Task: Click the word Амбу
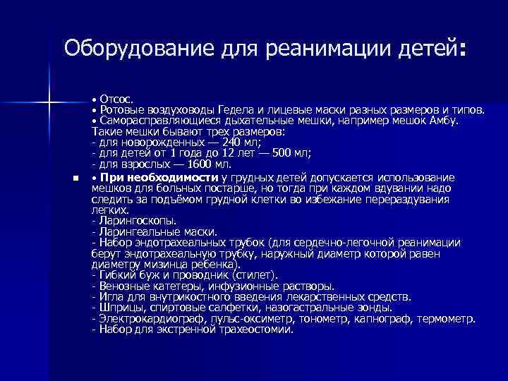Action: (444, 121)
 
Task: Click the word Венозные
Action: (121, 286)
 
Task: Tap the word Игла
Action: (109, 296)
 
